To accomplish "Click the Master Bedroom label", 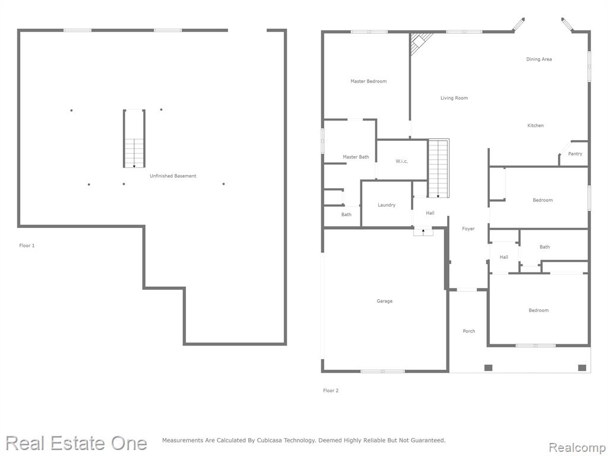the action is [368, 81].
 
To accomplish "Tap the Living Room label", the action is [454, 98].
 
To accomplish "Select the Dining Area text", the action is [539, 59].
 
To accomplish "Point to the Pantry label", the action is [575, 154].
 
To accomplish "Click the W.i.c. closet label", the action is [402, 161].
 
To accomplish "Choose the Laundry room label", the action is [387, 205].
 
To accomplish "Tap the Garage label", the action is [385, 301].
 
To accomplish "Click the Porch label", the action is [469, 331].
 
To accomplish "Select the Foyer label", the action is [468, 229].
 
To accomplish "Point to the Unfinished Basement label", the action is [173, 176].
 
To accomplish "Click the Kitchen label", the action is [536, 126].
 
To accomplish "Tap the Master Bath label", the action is [356, 157].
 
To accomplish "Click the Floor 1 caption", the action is [27, 245].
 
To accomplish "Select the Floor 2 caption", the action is [331, 391].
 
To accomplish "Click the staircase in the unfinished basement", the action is [134, 139].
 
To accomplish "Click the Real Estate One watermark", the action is [77, 443].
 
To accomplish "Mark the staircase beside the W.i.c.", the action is [439, 169].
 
